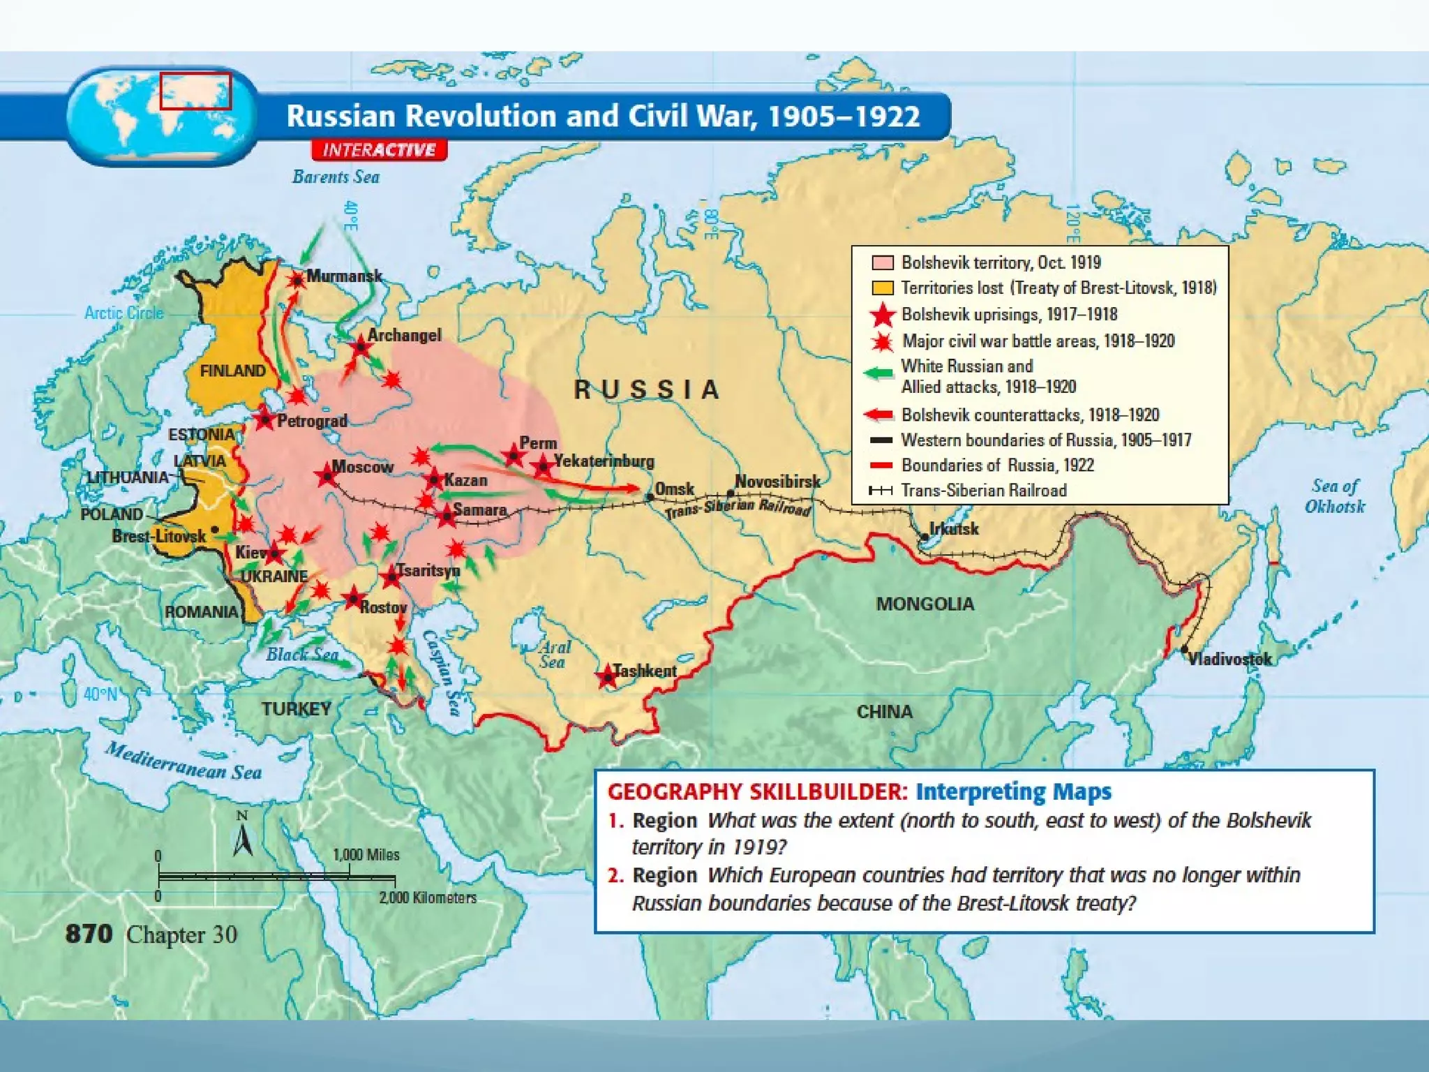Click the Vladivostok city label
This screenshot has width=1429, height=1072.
[1229, 659]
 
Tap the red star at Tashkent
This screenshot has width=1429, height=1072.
[607, 676]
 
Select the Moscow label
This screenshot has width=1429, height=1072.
[362, 466]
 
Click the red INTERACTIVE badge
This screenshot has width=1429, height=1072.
[379, 150]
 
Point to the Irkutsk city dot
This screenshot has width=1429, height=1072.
[925, 537]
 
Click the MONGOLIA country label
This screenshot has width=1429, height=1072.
[925, 604]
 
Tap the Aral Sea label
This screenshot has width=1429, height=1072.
[554, 655]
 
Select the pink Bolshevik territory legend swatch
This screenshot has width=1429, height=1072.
[883, 262]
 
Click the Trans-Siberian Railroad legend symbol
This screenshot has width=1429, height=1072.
[881, 491]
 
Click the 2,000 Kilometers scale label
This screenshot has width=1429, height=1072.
[428, 898]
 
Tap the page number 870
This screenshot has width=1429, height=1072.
[89, 934]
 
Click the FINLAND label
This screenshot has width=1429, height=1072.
[232, 371]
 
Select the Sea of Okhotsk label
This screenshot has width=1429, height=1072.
[1334, 496]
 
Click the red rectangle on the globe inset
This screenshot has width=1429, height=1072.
[195, 91]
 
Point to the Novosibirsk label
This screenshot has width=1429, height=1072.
[777, 482]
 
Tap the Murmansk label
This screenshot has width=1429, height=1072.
[344, 276]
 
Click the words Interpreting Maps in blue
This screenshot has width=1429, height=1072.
[1013, 791]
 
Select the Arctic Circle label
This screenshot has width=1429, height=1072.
[124, 313]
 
